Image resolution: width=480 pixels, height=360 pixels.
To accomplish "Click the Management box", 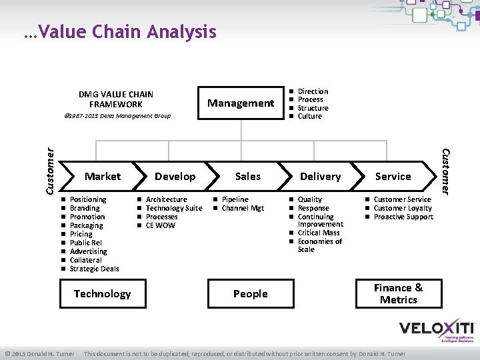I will (240, 103).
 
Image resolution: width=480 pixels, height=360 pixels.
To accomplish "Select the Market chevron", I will (103, 177).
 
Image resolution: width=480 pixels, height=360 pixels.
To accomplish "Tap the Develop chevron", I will (175, 177).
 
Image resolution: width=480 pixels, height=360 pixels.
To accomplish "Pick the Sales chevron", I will (248, 177).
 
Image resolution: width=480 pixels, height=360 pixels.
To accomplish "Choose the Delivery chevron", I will (321, 177).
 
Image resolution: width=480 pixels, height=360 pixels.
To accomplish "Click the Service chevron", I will (393, 177).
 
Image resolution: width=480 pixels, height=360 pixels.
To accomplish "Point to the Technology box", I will (102, 294).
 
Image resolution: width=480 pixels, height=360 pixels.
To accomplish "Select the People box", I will (251, 294).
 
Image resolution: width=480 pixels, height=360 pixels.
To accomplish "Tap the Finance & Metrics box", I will (399, 294).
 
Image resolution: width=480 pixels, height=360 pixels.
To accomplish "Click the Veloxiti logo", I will (437, 330).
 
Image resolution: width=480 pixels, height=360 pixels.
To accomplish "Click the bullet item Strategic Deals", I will (94, 269).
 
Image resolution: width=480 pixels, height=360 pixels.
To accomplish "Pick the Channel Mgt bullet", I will (243, 208).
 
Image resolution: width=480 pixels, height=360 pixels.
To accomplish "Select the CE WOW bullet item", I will (160, 225).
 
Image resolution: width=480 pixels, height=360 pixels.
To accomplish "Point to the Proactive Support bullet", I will (403, 217).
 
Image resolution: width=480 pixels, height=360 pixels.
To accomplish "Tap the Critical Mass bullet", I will (319, 233).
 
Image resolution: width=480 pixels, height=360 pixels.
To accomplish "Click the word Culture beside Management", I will (309, 116).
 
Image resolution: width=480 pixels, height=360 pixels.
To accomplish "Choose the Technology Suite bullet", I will (174, 208).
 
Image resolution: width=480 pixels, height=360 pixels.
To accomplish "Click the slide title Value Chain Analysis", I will (119, 32).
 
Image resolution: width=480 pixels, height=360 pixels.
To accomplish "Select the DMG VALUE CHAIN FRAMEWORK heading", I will (115, 99).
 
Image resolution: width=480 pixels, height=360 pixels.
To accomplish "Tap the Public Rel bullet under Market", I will (85, 243).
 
